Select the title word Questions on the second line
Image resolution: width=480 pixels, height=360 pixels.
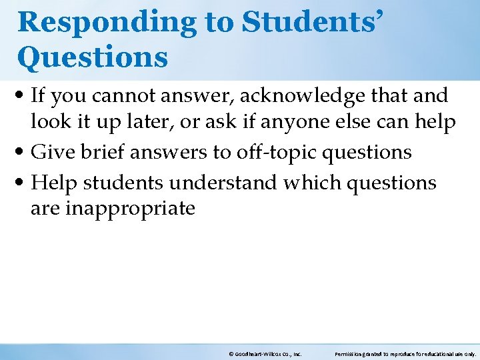pos(93,57)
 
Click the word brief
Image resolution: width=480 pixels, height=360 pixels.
pos(99,152)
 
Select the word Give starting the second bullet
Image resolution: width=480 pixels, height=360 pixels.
pos(49,152)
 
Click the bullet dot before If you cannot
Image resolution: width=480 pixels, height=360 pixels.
pos(22,97)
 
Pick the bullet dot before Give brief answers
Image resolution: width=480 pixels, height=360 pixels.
pos(22,153)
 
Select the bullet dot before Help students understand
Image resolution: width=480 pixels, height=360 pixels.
pos(22,182)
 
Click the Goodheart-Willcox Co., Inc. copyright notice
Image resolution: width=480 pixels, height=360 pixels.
pos(265,354)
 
